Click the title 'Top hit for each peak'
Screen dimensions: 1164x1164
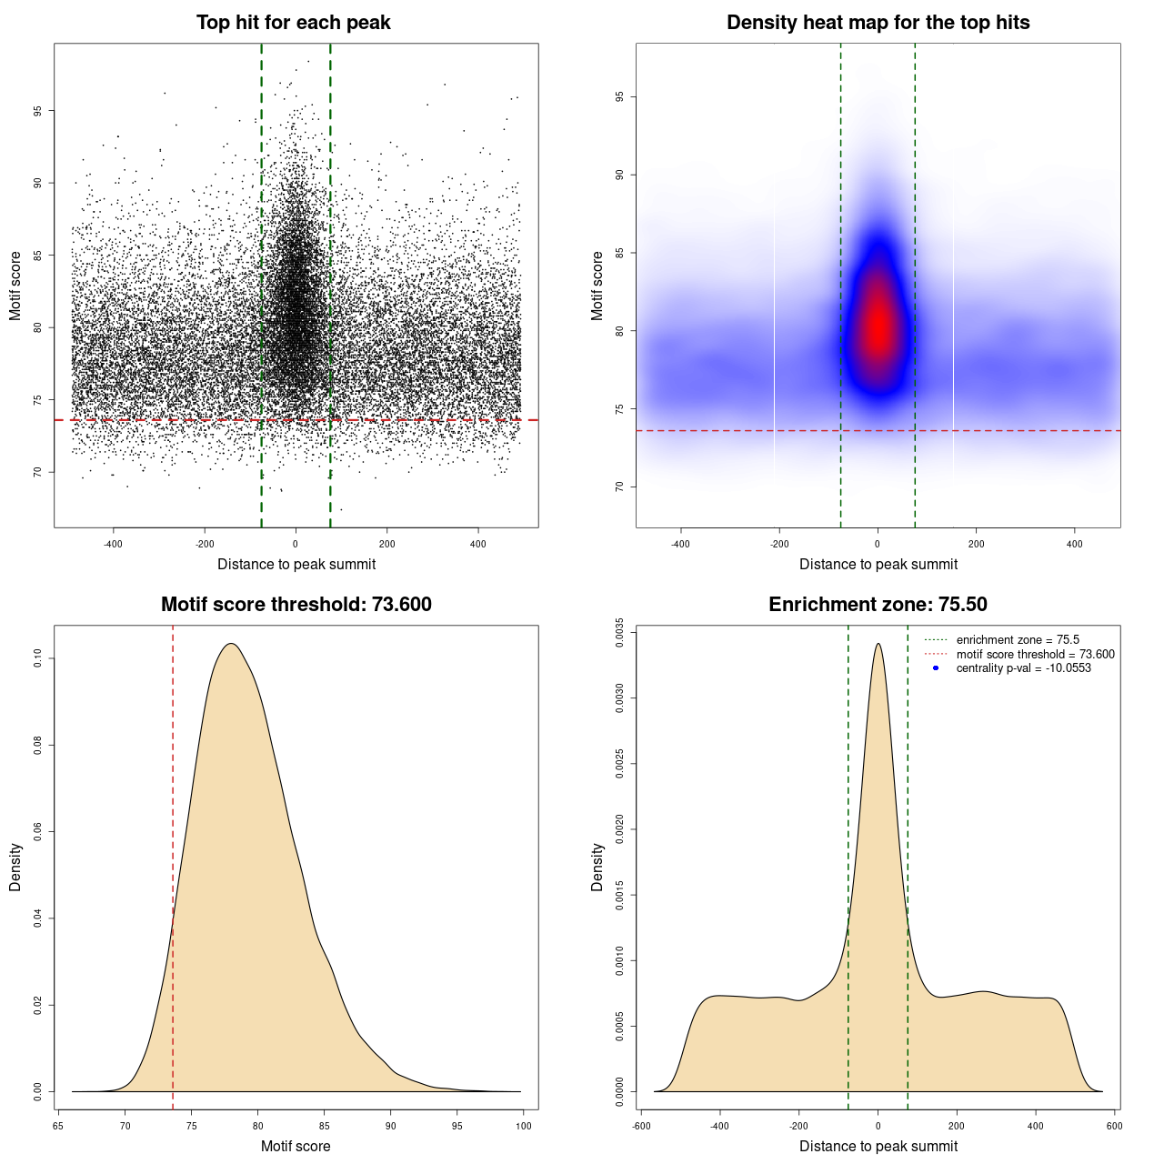click(293, 23)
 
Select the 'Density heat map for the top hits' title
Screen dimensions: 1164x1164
click(878, 23)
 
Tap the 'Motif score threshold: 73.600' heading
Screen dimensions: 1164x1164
click(296, 605)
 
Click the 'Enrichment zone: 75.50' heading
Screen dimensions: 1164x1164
click(878, 605)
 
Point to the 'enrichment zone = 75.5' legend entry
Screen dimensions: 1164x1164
click(1018, 640)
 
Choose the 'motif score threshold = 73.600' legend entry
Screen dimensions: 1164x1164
click(1035, 655)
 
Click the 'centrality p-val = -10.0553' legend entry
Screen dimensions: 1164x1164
click(1023, 668)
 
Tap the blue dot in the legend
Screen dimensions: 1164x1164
click(936, 668)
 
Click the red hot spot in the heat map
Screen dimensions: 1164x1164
click(878, 327)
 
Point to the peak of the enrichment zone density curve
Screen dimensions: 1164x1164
click(878, 644)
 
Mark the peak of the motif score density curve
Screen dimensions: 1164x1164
click(232, 644)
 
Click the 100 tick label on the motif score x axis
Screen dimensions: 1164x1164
click(524, 1126)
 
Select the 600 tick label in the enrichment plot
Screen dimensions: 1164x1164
click(1114, 1126)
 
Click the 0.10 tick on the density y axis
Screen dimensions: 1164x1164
click(37, 658)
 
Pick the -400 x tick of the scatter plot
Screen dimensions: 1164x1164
click(113, 544)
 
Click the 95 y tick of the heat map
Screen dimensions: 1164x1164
click(619, 96)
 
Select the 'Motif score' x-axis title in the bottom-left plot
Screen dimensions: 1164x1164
click(296, 1146)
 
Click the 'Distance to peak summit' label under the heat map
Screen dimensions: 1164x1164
click(878, 564)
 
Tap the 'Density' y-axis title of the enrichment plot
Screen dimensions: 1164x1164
click(597, 867)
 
